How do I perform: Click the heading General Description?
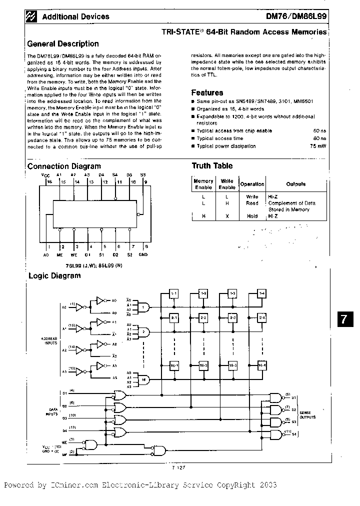pyautogui.click(x=62, y=43)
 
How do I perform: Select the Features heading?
pyautogui.click(x=207, y=92)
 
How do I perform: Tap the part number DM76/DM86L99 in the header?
pyautogui.click(x=298, y=16)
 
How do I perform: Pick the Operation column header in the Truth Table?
pyautogui.click(x=252, y=184)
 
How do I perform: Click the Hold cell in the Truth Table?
pyautogui.click(x=252, y=216)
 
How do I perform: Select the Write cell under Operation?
pyautogui.click(x=252, y=196)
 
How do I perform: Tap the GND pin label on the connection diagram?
pyautogui.click(x=143, y=255)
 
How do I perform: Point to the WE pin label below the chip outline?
pyautogui.click(x=74, y=255)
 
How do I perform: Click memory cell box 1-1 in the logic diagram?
pyautogui.click(x=174, y=293)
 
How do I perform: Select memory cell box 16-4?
pyautogui.click(x=262, y=366)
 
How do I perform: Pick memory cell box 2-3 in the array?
pyautogui.click(x=232, y=318)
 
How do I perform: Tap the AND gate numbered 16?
pyautogui.click(x=144, y=379)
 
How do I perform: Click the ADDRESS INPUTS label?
pyautogui.click(x=49, y=340)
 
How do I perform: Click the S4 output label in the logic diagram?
pyautogui.click(x=294, y=433)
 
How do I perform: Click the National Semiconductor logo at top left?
pyautogui.click(x=33, y=16)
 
